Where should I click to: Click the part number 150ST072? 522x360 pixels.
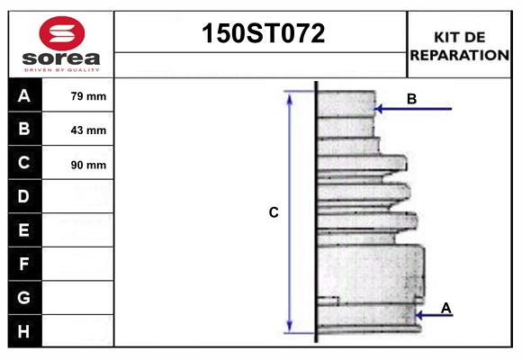click(x=261, y=34)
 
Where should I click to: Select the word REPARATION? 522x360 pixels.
click(x=459, y=55)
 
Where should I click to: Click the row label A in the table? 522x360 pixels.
click(x=24, y=95)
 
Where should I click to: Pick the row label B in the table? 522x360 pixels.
click(x=24, y=129)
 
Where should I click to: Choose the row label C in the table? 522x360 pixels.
click(x=24, y=163)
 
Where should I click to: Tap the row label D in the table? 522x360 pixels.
click(x=24, y=196)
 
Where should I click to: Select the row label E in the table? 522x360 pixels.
click(x=24, y=230)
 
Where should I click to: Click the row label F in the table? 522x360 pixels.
click(x=24, y=264)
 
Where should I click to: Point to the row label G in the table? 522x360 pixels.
click(x=24, y=297)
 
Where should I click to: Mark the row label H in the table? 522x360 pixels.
click(x=24, y=330)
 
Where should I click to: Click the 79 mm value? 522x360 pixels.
click(x=88, y=96)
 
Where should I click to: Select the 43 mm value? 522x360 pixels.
click(x=88, y=130)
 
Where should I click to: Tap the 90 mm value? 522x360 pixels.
click(x=88, y=165)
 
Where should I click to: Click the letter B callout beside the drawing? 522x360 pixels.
click(x=411, y=98)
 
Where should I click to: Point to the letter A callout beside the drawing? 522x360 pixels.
click(x=446, y=309)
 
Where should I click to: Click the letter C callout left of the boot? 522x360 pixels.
click(x=274, y=212)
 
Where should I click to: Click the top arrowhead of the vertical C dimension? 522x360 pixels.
click(x=290, y=96)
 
